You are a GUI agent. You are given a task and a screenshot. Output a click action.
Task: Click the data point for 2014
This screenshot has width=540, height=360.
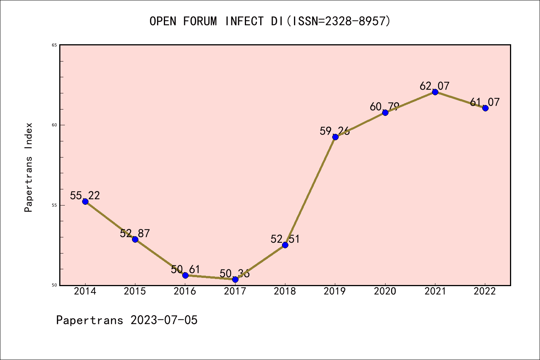[x=85, y=201]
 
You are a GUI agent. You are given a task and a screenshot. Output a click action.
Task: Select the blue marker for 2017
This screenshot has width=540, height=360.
[x=235, y=279]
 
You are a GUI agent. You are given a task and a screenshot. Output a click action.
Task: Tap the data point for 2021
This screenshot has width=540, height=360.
[x=435, y=92]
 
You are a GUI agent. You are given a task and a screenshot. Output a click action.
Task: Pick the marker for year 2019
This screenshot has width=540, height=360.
[x=335, y=137]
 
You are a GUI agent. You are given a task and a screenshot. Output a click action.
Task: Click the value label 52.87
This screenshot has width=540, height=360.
[x=135, y=233]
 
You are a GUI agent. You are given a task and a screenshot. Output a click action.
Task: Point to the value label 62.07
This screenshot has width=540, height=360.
[x=434, y=86]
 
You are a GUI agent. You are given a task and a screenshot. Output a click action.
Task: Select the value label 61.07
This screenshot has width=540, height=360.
[x=484, y=102]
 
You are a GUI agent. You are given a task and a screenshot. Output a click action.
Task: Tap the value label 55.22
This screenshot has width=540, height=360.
[x=85, y=195]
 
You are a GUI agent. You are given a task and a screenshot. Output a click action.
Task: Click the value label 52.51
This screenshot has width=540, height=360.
[x=285, y=239]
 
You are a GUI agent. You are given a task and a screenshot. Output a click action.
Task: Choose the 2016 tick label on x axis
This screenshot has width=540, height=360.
[x=185, y=291]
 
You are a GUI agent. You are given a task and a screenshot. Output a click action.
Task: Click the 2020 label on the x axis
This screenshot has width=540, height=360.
[x=385, y=291]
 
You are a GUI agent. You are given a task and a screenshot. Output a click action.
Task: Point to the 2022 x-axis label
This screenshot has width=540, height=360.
[x=485, y=291]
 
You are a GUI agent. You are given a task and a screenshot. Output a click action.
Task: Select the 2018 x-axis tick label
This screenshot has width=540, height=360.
[x=285, y=291]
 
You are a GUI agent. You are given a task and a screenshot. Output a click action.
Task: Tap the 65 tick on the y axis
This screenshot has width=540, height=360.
[x=54, y=45]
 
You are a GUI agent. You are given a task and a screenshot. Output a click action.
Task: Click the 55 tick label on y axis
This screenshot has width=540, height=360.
[x=54, y=205]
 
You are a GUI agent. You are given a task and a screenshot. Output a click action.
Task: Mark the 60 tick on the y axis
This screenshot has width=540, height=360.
[x=54, y=125]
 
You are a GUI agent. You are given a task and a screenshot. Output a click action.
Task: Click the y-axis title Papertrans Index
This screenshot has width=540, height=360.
[x=28, y=167]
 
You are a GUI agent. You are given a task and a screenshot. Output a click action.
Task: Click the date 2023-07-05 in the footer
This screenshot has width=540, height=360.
[x=164, y=320]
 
